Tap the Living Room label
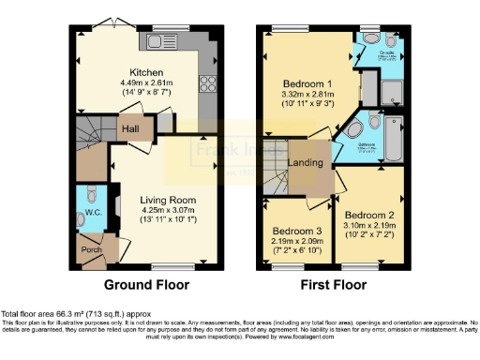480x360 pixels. click(166, 200)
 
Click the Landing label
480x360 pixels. click(307, 163)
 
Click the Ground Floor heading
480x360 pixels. click(147, 285)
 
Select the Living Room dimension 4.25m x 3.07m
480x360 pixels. click(166, 211)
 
